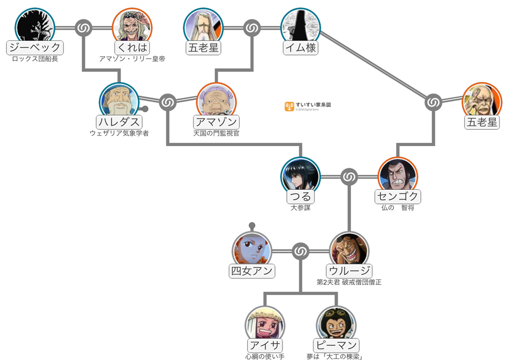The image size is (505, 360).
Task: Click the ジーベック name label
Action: [35, 48]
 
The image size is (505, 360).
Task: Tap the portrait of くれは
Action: [132, 26]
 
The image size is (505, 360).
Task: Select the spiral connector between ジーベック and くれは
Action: [84, 27]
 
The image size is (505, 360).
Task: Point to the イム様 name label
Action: [300, 48]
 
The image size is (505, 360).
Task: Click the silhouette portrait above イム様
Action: [300, 26]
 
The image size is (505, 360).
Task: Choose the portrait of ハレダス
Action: [119, 101]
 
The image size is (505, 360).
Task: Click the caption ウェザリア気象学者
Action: [119, 133]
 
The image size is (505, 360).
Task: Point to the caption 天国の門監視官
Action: [216, 133]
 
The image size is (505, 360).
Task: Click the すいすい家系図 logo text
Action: [313, 105]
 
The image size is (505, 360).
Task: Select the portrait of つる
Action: [300, 176]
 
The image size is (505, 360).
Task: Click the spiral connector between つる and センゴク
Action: [349, 177]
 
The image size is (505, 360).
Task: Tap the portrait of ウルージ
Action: [349, 251]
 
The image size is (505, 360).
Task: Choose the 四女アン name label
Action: [252, 271]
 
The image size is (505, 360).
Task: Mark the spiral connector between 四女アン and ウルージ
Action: [300, 252]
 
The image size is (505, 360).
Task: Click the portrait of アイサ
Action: [265, 325]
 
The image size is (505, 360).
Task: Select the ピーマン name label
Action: [336, 346]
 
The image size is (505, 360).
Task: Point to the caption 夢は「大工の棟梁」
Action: [336, 357]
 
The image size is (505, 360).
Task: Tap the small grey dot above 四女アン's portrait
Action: [252, 226]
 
